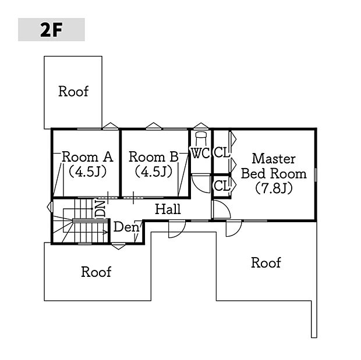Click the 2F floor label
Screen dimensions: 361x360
51,30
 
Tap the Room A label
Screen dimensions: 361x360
87,157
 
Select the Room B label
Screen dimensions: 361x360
153,157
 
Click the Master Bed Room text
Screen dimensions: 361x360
274,166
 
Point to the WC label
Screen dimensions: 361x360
201,153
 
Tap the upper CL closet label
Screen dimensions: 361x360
222,152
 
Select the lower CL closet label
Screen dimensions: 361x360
222,186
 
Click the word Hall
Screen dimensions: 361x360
168,209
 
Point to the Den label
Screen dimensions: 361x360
126,227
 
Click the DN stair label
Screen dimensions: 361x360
100,209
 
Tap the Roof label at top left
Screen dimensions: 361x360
73,91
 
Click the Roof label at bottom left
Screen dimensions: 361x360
96,272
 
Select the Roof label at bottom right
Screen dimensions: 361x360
266,263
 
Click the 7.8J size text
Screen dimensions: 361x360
274,188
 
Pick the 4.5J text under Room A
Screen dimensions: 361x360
87,172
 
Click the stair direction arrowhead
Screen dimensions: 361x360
105,232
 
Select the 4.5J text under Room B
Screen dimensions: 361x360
153,172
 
